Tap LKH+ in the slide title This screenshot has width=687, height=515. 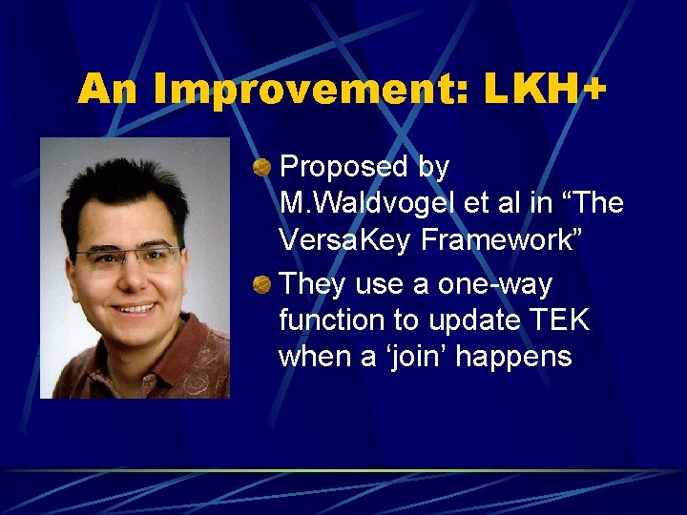[x=545, y=90]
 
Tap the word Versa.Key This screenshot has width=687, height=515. [x=342, y=239]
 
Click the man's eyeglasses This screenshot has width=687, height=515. [x=128, y=256]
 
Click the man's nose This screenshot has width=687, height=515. [x=131, y=279]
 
